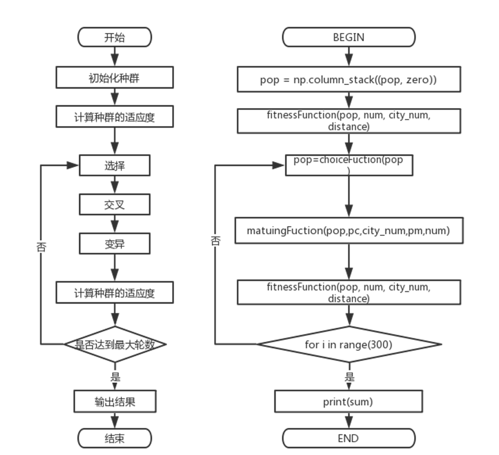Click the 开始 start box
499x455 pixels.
coord(114,37)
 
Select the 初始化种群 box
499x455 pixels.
coord(114,77)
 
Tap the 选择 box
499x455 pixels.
coord(114,165)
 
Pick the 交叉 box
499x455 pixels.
coord(114,205)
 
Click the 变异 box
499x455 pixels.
coord(114,244)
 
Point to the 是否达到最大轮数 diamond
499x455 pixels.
coord(115,344)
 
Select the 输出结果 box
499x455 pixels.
coord(115,401)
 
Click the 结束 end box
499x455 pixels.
coord(114,438)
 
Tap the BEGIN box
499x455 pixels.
coord(349,37)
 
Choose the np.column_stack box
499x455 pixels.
coord(349,79)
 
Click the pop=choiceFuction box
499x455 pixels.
coord(349,165)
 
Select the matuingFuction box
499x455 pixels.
coord(349,230)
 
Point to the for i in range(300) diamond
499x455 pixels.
coord(349,344)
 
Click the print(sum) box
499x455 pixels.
coord(349,401)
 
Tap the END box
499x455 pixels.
coord(349,438)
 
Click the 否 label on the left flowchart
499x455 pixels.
coord(42,247)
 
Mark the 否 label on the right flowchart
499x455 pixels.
coord(216,241)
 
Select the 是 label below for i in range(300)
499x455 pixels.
coord(349,378)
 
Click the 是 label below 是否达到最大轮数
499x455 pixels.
coord(115,378)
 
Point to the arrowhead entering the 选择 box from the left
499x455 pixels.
coord(73,165)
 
